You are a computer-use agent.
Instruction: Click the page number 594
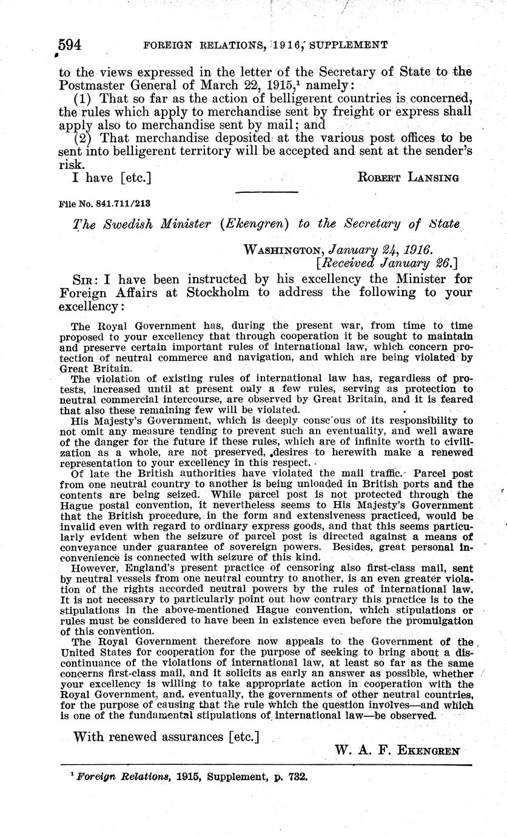(70, 45)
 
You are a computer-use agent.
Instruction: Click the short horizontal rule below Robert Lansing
(266, 192)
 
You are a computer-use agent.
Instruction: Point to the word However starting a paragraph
(96, 567)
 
